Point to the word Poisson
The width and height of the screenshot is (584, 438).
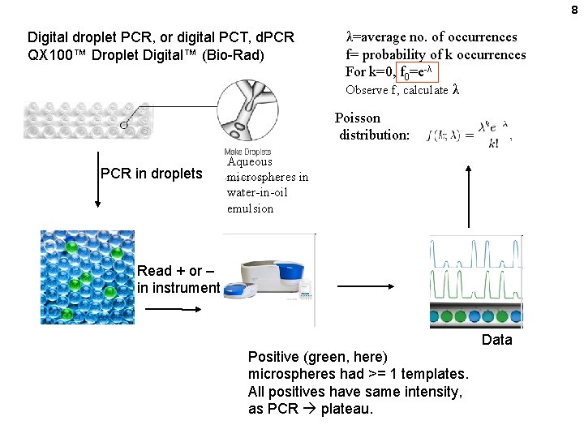click(x=358, y=118)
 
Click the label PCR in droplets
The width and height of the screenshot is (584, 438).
click(x=151, y=173)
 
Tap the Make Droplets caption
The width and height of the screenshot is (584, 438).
click(x=247, y=152)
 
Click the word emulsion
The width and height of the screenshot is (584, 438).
click(x=250, y=208)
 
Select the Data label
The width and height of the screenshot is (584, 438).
click(x=496, y=340)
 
